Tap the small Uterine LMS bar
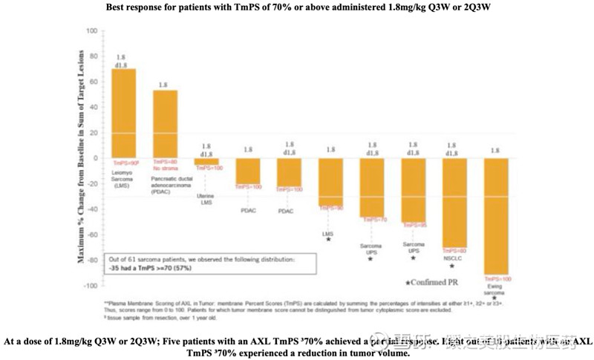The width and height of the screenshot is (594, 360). pos(206,161)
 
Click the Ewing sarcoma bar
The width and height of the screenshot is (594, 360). pos(495,215)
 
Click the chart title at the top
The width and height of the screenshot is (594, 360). pos(297,7)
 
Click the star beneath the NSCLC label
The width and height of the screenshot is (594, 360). pos(451,266)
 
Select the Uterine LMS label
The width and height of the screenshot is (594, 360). pos(206,199)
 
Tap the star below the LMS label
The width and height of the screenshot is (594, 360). pos(328,240)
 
